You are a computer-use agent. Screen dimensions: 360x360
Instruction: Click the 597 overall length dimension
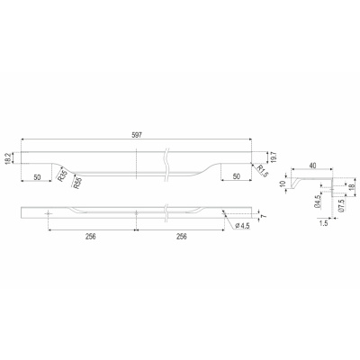click(136, 135)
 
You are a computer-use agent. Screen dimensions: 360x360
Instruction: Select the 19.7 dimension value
click(273, 157)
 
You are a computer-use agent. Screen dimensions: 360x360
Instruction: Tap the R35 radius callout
click(62, 175)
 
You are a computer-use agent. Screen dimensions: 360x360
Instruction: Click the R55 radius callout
click(77, 183)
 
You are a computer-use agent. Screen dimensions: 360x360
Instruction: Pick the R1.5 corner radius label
click(261, 171)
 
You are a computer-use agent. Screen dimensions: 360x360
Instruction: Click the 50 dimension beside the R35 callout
click(37, 177)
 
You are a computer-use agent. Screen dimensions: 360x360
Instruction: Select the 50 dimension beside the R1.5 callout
click(237, 176)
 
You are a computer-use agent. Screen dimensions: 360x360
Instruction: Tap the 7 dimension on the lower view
click(264, 216)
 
